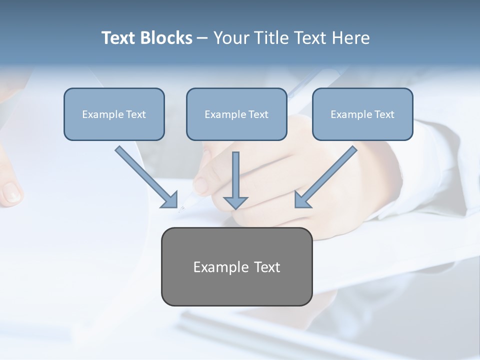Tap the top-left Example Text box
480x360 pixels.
(x=114, y=114)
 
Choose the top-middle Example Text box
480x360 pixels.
(x=236, y=114)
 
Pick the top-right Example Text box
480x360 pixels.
(x=362, y=114)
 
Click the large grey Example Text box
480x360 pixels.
(x=236, y=266)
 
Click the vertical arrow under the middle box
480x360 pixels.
(x=235, y=180)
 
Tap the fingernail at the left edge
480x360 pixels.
(x=11, y=192)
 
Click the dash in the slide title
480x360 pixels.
(x=202, y=38)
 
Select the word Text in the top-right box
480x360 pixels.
(x=384, y=114)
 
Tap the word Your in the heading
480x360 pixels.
(x=230, y=38)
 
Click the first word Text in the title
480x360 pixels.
(x=119, y=38)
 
